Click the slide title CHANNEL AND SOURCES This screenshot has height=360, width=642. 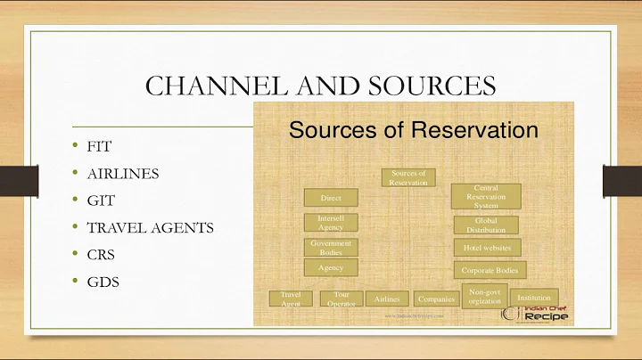320,87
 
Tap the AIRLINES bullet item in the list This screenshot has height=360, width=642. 123,173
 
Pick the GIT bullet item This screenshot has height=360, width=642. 99,200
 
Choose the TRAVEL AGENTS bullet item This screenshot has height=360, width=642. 150,227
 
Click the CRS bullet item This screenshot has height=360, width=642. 101,254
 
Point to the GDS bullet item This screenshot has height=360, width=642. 103,282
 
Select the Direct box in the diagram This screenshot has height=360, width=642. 331,197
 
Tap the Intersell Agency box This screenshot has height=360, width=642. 331,222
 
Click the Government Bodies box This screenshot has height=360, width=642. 331,247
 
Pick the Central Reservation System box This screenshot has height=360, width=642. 486,196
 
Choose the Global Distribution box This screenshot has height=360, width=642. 486,225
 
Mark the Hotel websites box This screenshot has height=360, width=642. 488,248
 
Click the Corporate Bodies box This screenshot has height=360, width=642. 490,269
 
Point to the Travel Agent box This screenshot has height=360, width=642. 291,299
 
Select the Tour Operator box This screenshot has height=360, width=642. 340,299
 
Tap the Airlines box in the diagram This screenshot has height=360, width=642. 387,299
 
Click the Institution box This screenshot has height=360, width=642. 535,298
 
